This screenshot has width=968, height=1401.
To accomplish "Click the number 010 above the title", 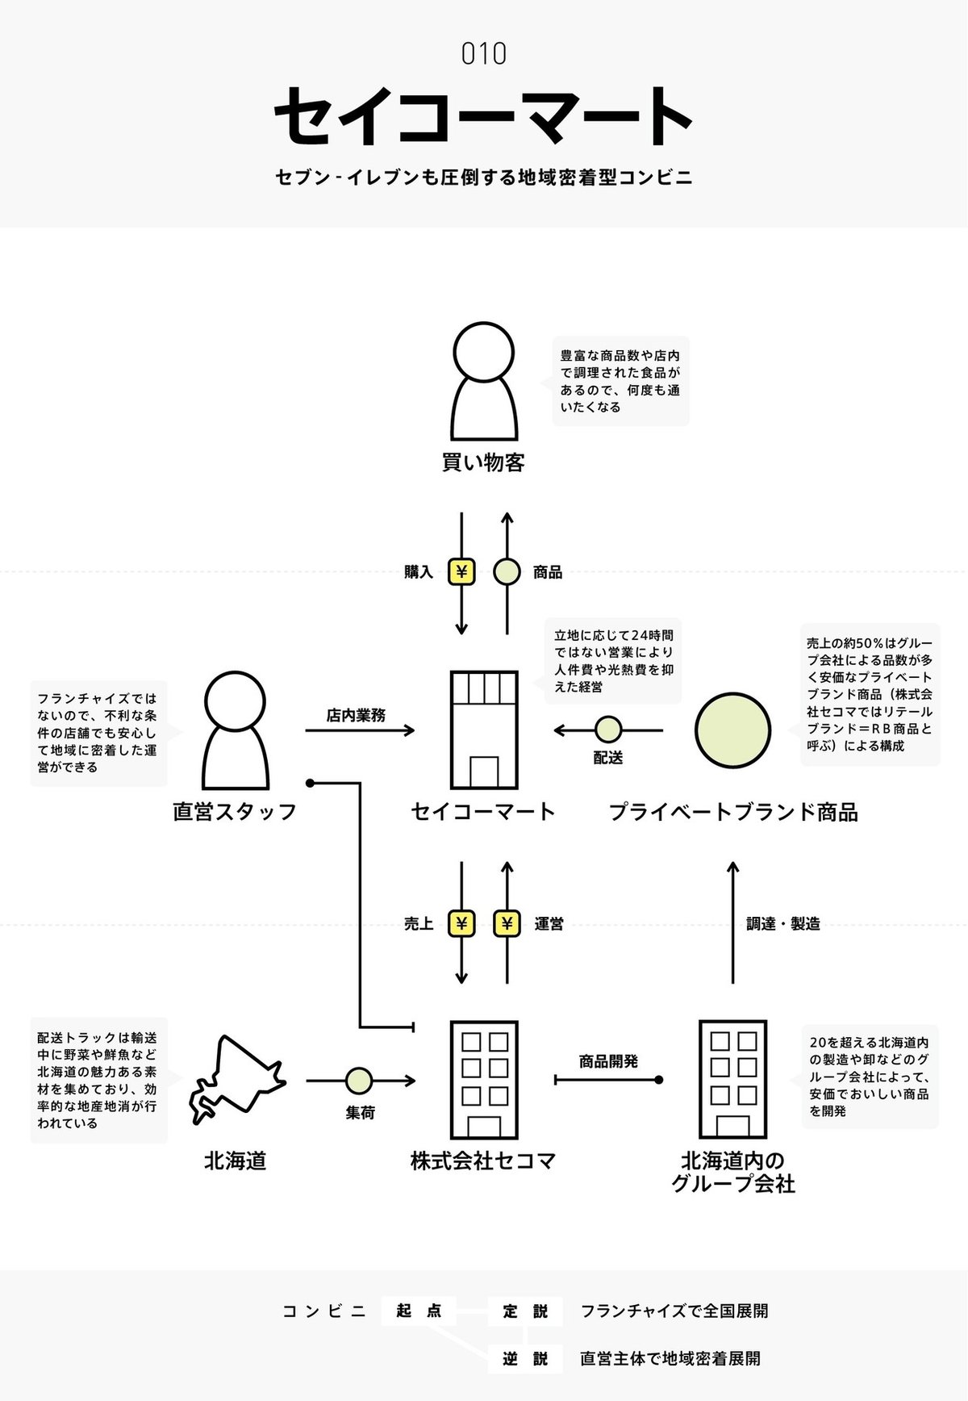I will (x=483, y=54).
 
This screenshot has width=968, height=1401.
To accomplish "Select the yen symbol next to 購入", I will (x=461, y=572).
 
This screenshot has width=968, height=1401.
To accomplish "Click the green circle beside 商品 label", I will (x=507, y=572).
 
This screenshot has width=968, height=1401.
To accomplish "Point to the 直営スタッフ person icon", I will (x=235, y=730).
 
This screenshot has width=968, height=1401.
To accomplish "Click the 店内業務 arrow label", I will (x=356, y=715).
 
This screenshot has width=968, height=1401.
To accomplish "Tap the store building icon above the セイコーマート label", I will (x=483, y=730).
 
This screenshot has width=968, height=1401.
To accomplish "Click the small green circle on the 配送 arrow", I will (x=608, y=730).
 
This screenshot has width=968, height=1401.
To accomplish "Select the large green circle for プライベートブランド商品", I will (x=732, y=730).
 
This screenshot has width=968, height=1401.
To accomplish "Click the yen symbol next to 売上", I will (x=461, y=923).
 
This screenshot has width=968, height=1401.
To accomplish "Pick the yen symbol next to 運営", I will (x=507, y=923).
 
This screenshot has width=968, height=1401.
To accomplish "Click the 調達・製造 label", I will (x=782, y=924).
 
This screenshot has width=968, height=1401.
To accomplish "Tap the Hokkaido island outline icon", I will (x=236, y=1079).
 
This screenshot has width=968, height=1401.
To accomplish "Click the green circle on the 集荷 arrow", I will (x=359, y=1080).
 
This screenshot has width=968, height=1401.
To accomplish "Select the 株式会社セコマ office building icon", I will (x=483, y=1080).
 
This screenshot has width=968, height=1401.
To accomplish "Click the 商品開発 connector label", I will (x=608, y=1061).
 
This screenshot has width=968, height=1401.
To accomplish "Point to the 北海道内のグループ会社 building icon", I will (x=732, y=1080).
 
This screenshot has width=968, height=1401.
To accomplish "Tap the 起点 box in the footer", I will (x=419, y=1311).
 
